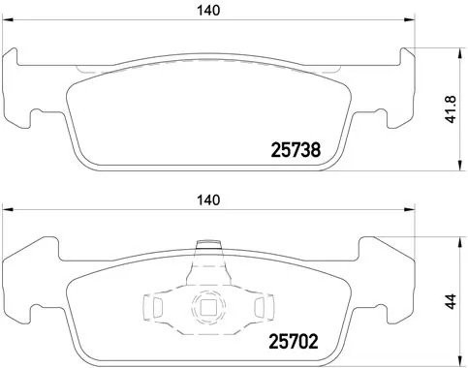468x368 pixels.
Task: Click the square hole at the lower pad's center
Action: (206, 310)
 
